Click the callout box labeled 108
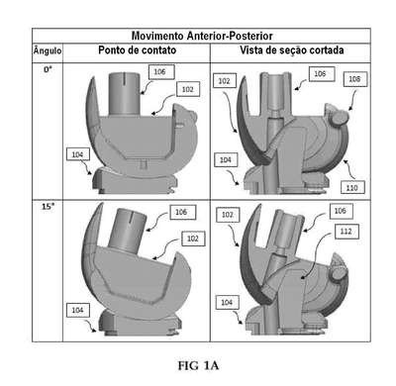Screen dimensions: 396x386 (x=355, y=79)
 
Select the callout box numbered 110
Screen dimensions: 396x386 (x=352, y=188)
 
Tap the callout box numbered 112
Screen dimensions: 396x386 (x=346, y=232)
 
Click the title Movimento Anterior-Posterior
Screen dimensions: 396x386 (x=202, y=36)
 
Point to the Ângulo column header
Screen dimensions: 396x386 (x=48, y=50)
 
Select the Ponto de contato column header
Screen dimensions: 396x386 (x=138, y=50)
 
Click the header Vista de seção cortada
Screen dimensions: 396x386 (x=292, y=50)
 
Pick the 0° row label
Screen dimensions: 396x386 (x=49, y=69)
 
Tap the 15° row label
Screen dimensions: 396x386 (x=48, y=207)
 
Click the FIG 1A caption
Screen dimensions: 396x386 (x=198, y=365)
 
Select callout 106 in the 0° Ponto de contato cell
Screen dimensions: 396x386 (x=161, y=72)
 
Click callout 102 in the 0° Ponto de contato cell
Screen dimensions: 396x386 (x=188, y=89)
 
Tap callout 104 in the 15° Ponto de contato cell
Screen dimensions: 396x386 (x=78, y=310)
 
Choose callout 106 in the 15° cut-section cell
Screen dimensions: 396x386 (x=341, y=211)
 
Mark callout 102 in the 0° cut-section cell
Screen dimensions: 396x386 (x=225, y=81)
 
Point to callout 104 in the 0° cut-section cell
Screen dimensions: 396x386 (x=226, y=160)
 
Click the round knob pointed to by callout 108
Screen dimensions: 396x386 (x=339, y=118)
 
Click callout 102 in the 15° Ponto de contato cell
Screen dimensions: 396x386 (x=193, y=239)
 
